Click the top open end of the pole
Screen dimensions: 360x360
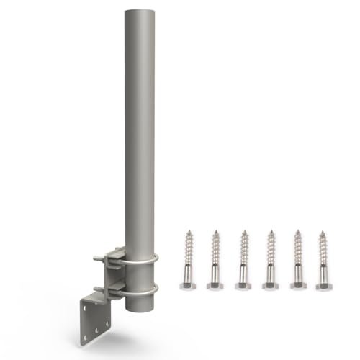pyautogui.click(x=140, y=12)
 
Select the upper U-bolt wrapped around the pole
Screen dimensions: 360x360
pyautogui.click(x=144, y=262)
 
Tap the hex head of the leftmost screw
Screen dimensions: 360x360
pyautogui.click(x=189, y=286)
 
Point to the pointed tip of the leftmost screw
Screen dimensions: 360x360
pyautogui.click(x=189, y=232)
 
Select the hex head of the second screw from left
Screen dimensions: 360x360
pyautogui.click(x=215, y=286)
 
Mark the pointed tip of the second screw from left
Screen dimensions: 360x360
pyautogui.click(x=215, y=232)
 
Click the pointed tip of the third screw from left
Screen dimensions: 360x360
pyautogui.click(x=243, y=232)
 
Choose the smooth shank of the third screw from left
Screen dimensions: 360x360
pyautogui.click(x=243, y=274)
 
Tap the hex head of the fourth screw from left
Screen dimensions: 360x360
pyautogui.click(x=270, y=286)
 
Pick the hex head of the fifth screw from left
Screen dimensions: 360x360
pyautogui.click(x=297, y=286)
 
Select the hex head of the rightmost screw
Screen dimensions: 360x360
pyautogui.click(x=324, y=286)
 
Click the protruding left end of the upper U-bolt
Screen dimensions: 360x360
pyautogui.click(x=96, y=257)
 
